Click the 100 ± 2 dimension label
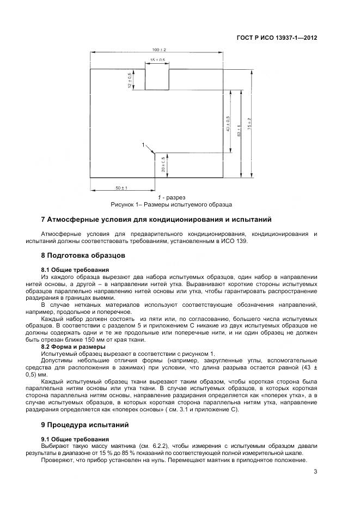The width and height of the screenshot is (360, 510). click(x=158, y=50)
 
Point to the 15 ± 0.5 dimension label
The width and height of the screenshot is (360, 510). click(x=157, y=59)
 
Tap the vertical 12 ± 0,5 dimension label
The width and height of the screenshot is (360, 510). click(x=130, y=80)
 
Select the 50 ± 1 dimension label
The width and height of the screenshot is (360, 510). click(x=121, y=188)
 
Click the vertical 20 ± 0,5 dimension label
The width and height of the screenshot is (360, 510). click(x=163, y=165)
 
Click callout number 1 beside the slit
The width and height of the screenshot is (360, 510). click(x=143, y=145)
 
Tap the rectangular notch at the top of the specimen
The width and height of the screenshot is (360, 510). click(x=157, y=80)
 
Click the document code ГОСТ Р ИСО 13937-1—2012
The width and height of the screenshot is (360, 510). click(x=277, y=38)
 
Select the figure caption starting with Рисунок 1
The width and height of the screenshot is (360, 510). click(x=172, y=205)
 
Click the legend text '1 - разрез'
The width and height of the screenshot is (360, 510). click(x=172, y=197)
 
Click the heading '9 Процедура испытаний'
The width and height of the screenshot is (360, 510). click(x=86, y=424)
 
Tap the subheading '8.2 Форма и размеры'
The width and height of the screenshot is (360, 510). click(x=74, y=347)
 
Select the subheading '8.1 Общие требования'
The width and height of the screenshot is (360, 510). click(x=75, y=269)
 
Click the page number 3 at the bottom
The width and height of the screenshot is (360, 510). click(x=315, y=473)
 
